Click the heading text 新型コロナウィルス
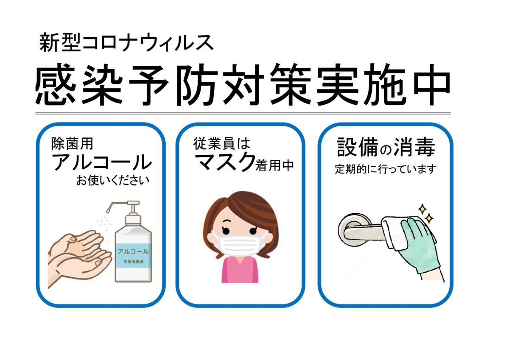pyautogui.click(x=126, y=43)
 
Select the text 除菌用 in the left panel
pyautogui.click(x=72, y=144)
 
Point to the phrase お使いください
pyautogui.click(x=113, y=180)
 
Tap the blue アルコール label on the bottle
pyautogui.click(x=133, y=256)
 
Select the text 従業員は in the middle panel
pyautogui.click(x=221, y=144)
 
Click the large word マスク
pyautogui.click(x=225, y=162)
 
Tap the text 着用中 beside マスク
pyautogui.click(x=275, y=165)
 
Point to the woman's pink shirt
pyautogui.click(x=240, y=270)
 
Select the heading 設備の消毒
pyautogui.click(x=386, y=147)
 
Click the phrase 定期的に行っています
pyautogui.click(x=386, y=169)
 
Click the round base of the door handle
pyautogui.click(x=350, y=229)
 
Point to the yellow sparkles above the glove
pyautogui.click(x=425, y=213)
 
